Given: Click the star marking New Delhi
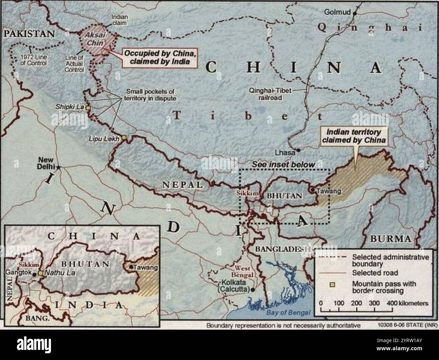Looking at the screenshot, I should (58, 167).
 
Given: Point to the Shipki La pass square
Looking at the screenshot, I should (88, 108).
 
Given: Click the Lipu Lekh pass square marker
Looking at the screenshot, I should (124, 137).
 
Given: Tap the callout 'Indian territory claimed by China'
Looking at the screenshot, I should (354, 136).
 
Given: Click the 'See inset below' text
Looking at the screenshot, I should (284, 164).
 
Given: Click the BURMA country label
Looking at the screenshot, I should (391, 239).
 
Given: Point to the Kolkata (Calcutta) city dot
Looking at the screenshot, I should (253, 289).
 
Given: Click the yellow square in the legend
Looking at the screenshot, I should (332, 284).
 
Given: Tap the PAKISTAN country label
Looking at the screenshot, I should (29, 33).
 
